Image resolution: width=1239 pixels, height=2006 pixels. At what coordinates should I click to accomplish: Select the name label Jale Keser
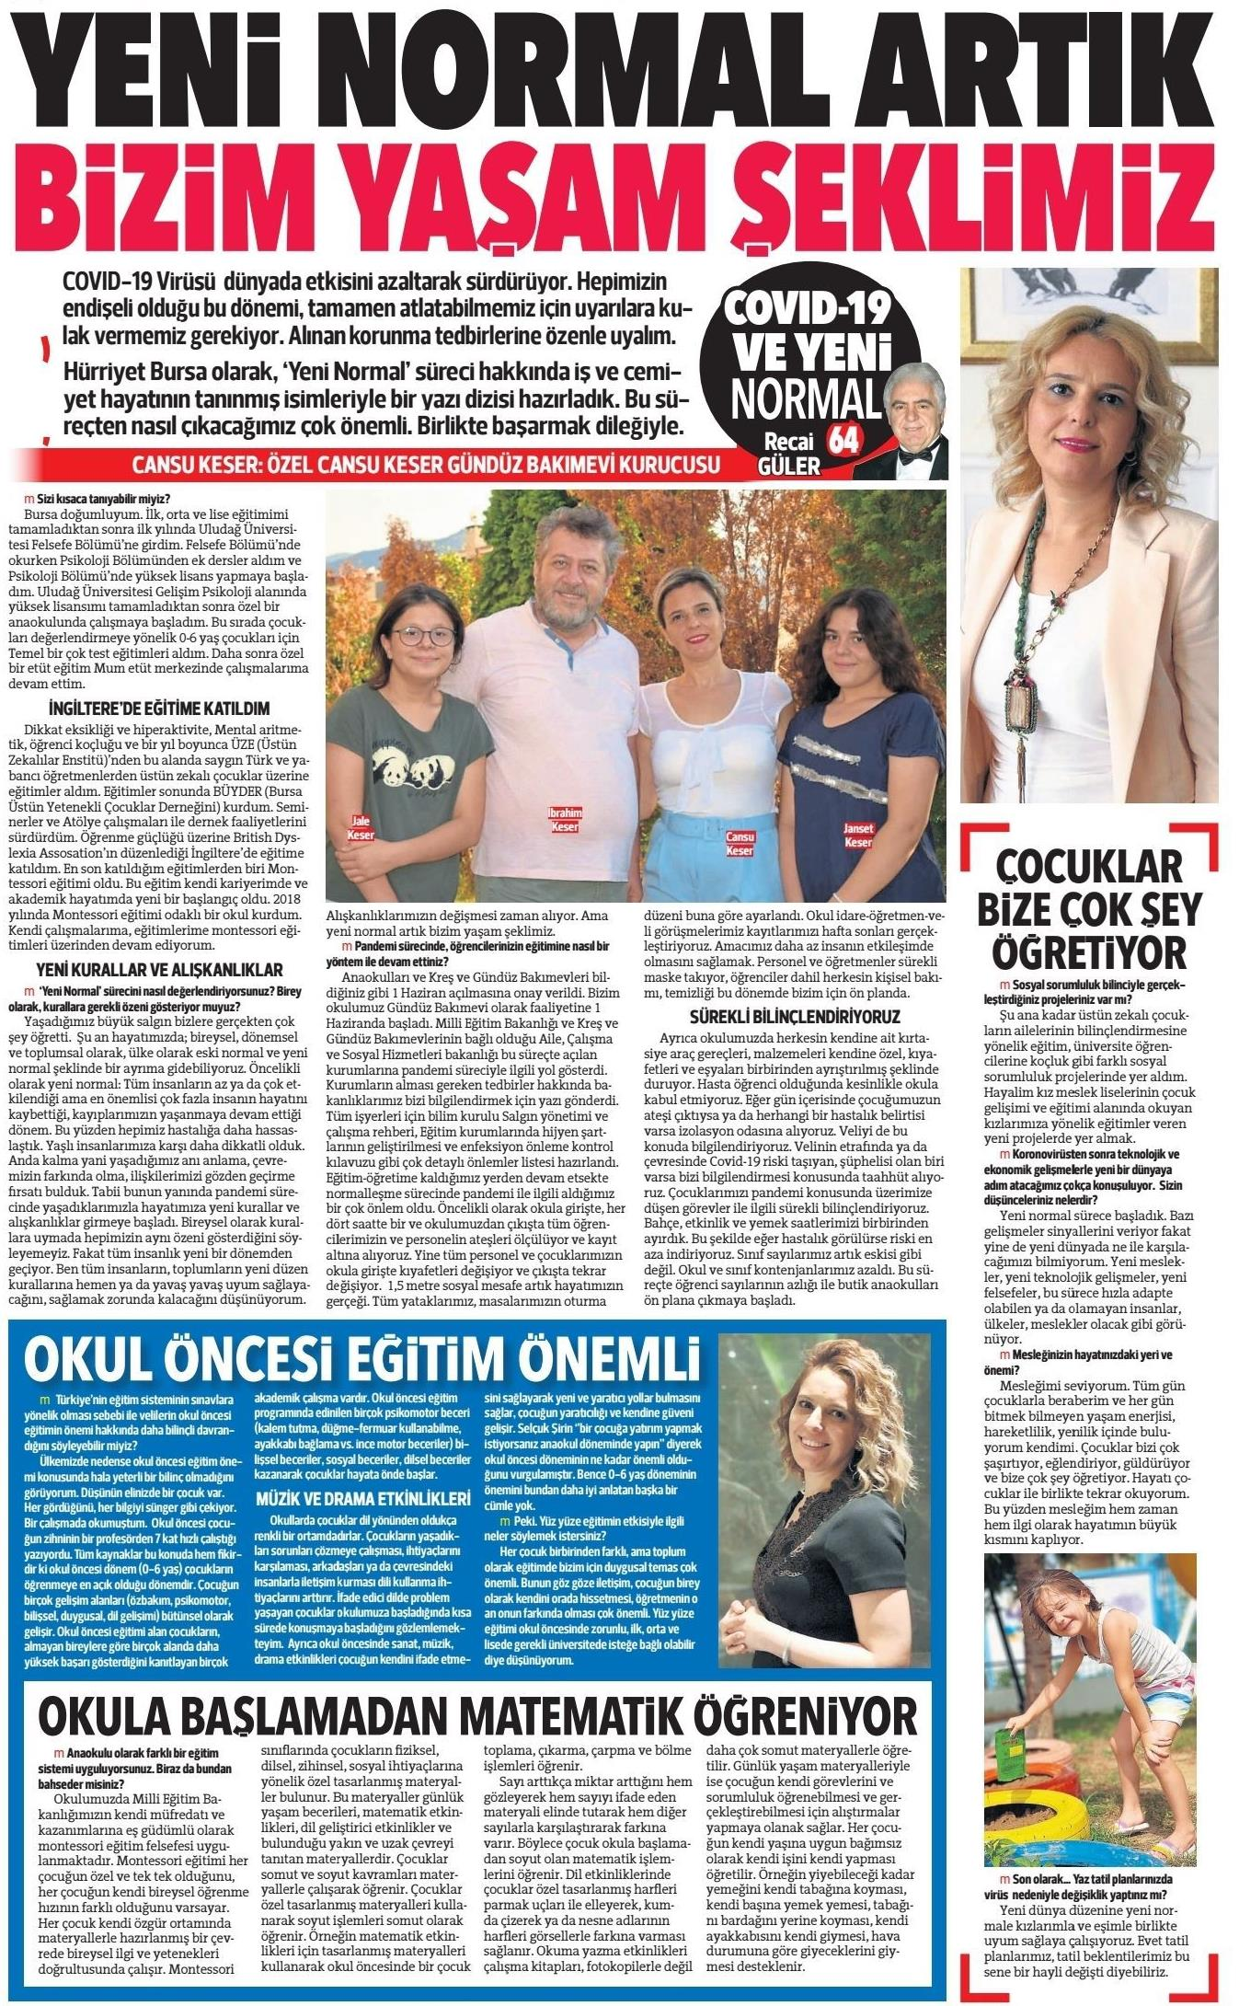(361, 828)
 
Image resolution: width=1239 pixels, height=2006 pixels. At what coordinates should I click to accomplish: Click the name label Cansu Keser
(740, 845)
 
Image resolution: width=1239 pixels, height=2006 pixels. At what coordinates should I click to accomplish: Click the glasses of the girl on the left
(426, 636)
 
